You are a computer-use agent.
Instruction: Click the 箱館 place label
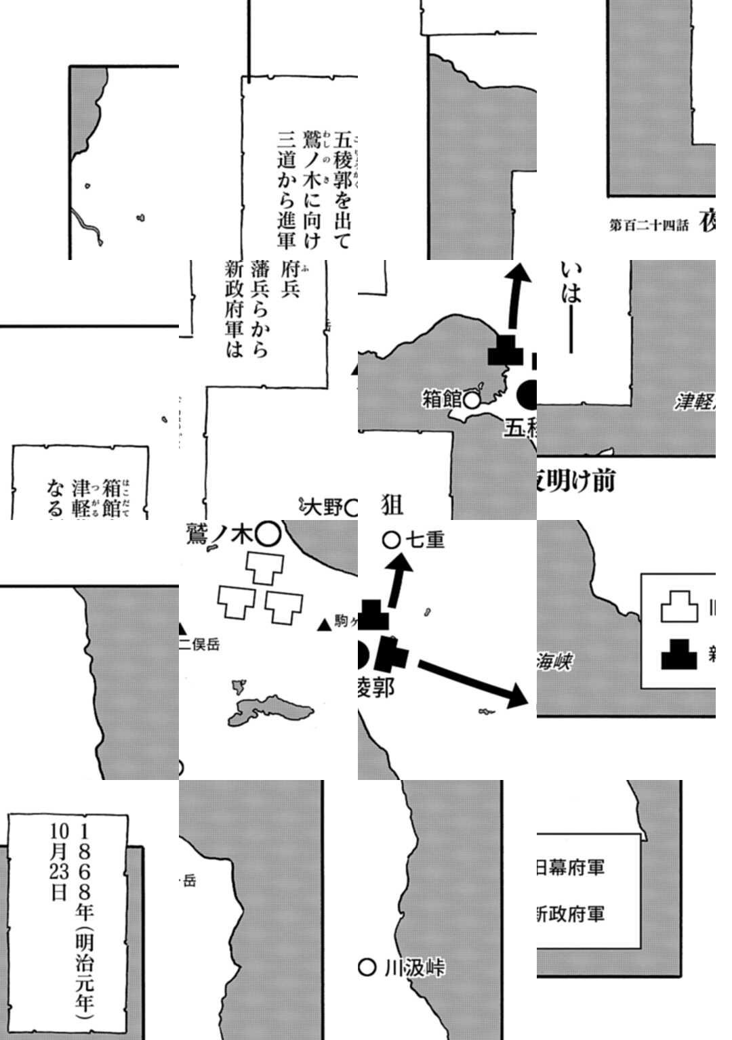point(442,399)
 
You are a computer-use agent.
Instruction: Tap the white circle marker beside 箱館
point(472,401)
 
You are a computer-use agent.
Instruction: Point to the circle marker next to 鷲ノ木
point(268,535)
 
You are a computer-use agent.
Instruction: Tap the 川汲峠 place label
point(414,968)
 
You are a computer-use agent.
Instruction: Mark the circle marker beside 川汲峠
point(367,968)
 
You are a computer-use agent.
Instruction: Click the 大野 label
point(325,506)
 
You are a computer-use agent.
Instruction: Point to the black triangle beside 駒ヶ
point(325,625)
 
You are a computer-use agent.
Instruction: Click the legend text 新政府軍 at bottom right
point(571,914)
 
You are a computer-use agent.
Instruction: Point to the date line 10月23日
point(59,862)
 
